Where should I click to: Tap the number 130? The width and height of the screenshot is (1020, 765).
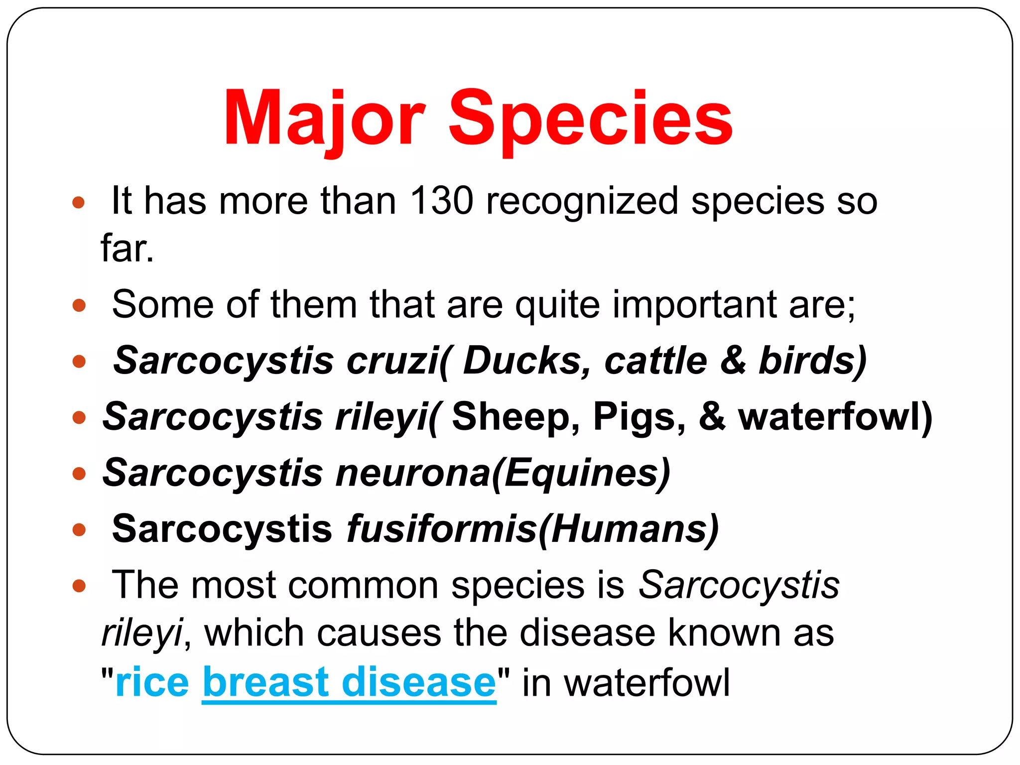pyautogui.click(x=441, y=201)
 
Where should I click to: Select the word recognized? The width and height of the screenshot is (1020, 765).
pyautogui.click(x=582, y=201)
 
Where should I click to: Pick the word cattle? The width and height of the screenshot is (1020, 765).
pyautogui.click(x=655, y=360)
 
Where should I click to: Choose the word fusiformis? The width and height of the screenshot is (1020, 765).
pyautogui.click(x=441, y=528)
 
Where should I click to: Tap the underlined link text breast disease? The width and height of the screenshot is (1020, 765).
pyautogui.click(x=349, y=682)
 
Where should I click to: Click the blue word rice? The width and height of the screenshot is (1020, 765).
pyautogui.click(x=152, y=682)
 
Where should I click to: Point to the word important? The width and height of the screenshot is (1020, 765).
pyautogui.click(x=694, y=304)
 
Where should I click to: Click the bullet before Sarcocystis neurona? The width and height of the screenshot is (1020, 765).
pyautogui.click(x=79, y=473)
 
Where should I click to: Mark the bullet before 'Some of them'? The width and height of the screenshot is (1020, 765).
pyautogui.click(x=79, y=305)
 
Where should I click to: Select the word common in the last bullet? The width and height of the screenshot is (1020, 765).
pyautogui.click(x=363, y=585)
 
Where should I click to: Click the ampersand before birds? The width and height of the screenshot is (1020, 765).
pyautogui.click(x=733, y=360)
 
